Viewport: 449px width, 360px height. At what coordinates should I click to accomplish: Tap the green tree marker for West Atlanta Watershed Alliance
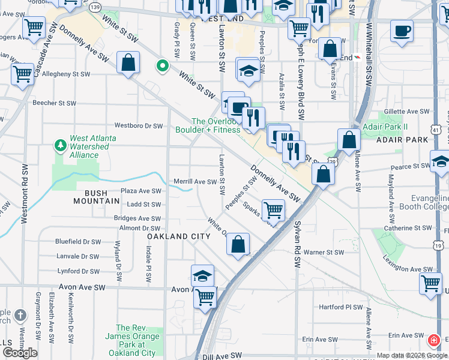pyautogui.click(x=60, y=145)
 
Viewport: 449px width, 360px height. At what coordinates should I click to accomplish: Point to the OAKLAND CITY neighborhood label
pyautogui.click(x=179, y=236)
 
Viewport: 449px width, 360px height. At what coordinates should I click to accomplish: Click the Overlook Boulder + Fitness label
pyautogui.click(x=208, y=125)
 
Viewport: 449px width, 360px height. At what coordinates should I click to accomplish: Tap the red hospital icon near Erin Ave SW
pyautogui.click(x=432, y=341)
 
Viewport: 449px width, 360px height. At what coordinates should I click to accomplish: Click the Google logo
pyautogui.click(x=20, y=353)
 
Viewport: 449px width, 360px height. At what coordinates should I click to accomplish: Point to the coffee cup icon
pyautogui.click(x=402, y=30)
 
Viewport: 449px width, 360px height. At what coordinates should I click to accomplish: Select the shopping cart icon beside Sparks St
pyautogui.click(x=273, y=211)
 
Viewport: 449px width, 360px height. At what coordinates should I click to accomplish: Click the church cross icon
pyautogui.click(x=20, y=315)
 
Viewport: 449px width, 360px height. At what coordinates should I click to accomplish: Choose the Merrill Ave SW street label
pyautogui.click(x=194, y=182)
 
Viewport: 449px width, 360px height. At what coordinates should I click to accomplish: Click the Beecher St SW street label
pyautogui.click(x=54, y=103)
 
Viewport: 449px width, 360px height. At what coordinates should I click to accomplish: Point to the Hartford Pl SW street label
pyautogui.click(x=340, y=307)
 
